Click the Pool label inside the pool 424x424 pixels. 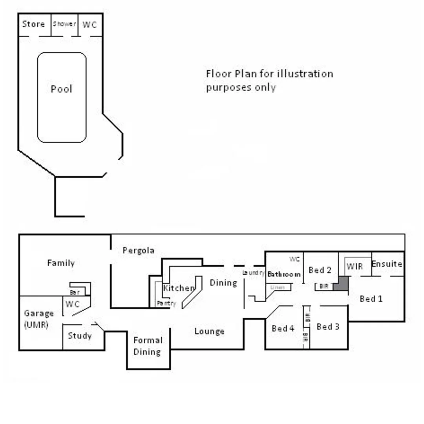(x=62, y=89)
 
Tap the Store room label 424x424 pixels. (x=33, y=24)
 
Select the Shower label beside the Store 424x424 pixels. (x=64, y=24)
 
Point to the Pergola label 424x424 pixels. (x=138, y=250)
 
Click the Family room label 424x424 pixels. (x=61, y=263)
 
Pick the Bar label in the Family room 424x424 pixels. (x=75, y=292)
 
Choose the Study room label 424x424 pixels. (x=80, y=336)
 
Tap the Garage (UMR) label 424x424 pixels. (x=38, y=319)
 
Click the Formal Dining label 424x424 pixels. (x=147, y=346)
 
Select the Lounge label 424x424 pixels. (x=209, y=331)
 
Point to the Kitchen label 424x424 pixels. (x=179, y=288)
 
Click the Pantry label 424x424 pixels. (x=166, y=303)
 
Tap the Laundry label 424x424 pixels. (x=253, y=272)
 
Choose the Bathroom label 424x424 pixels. (x=284, y=274)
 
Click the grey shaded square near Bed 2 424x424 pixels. (x=341, y=283)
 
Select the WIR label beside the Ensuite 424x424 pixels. (x=355, y=267)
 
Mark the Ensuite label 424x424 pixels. (x=387, y=264)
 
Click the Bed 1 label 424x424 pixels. (x=371, y=299)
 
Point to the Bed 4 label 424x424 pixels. (x=283, y=328)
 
